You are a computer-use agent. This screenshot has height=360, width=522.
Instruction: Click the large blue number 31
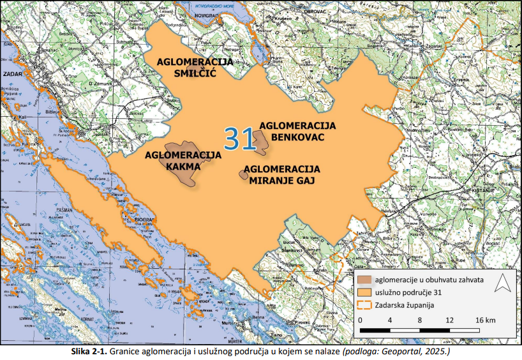click(240, 138)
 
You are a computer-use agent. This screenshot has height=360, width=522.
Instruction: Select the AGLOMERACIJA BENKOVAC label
click(298, 131)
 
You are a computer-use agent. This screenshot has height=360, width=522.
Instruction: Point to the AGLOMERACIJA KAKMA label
click(183, 160)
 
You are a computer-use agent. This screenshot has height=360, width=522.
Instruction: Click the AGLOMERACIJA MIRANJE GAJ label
click(281, 174)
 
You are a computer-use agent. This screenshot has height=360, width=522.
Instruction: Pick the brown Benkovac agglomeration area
click(260, 142)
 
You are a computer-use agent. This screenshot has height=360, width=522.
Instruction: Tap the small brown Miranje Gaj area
click(243, 174)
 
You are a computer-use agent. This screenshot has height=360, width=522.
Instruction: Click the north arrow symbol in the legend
click(502, 281)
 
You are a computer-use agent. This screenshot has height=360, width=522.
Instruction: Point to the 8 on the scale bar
click(420, 319)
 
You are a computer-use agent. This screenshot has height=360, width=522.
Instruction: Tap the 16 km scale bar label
click(486, 319)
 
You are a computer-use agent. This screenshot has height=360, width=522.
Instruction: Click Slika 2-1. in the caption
click(89, 352)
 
